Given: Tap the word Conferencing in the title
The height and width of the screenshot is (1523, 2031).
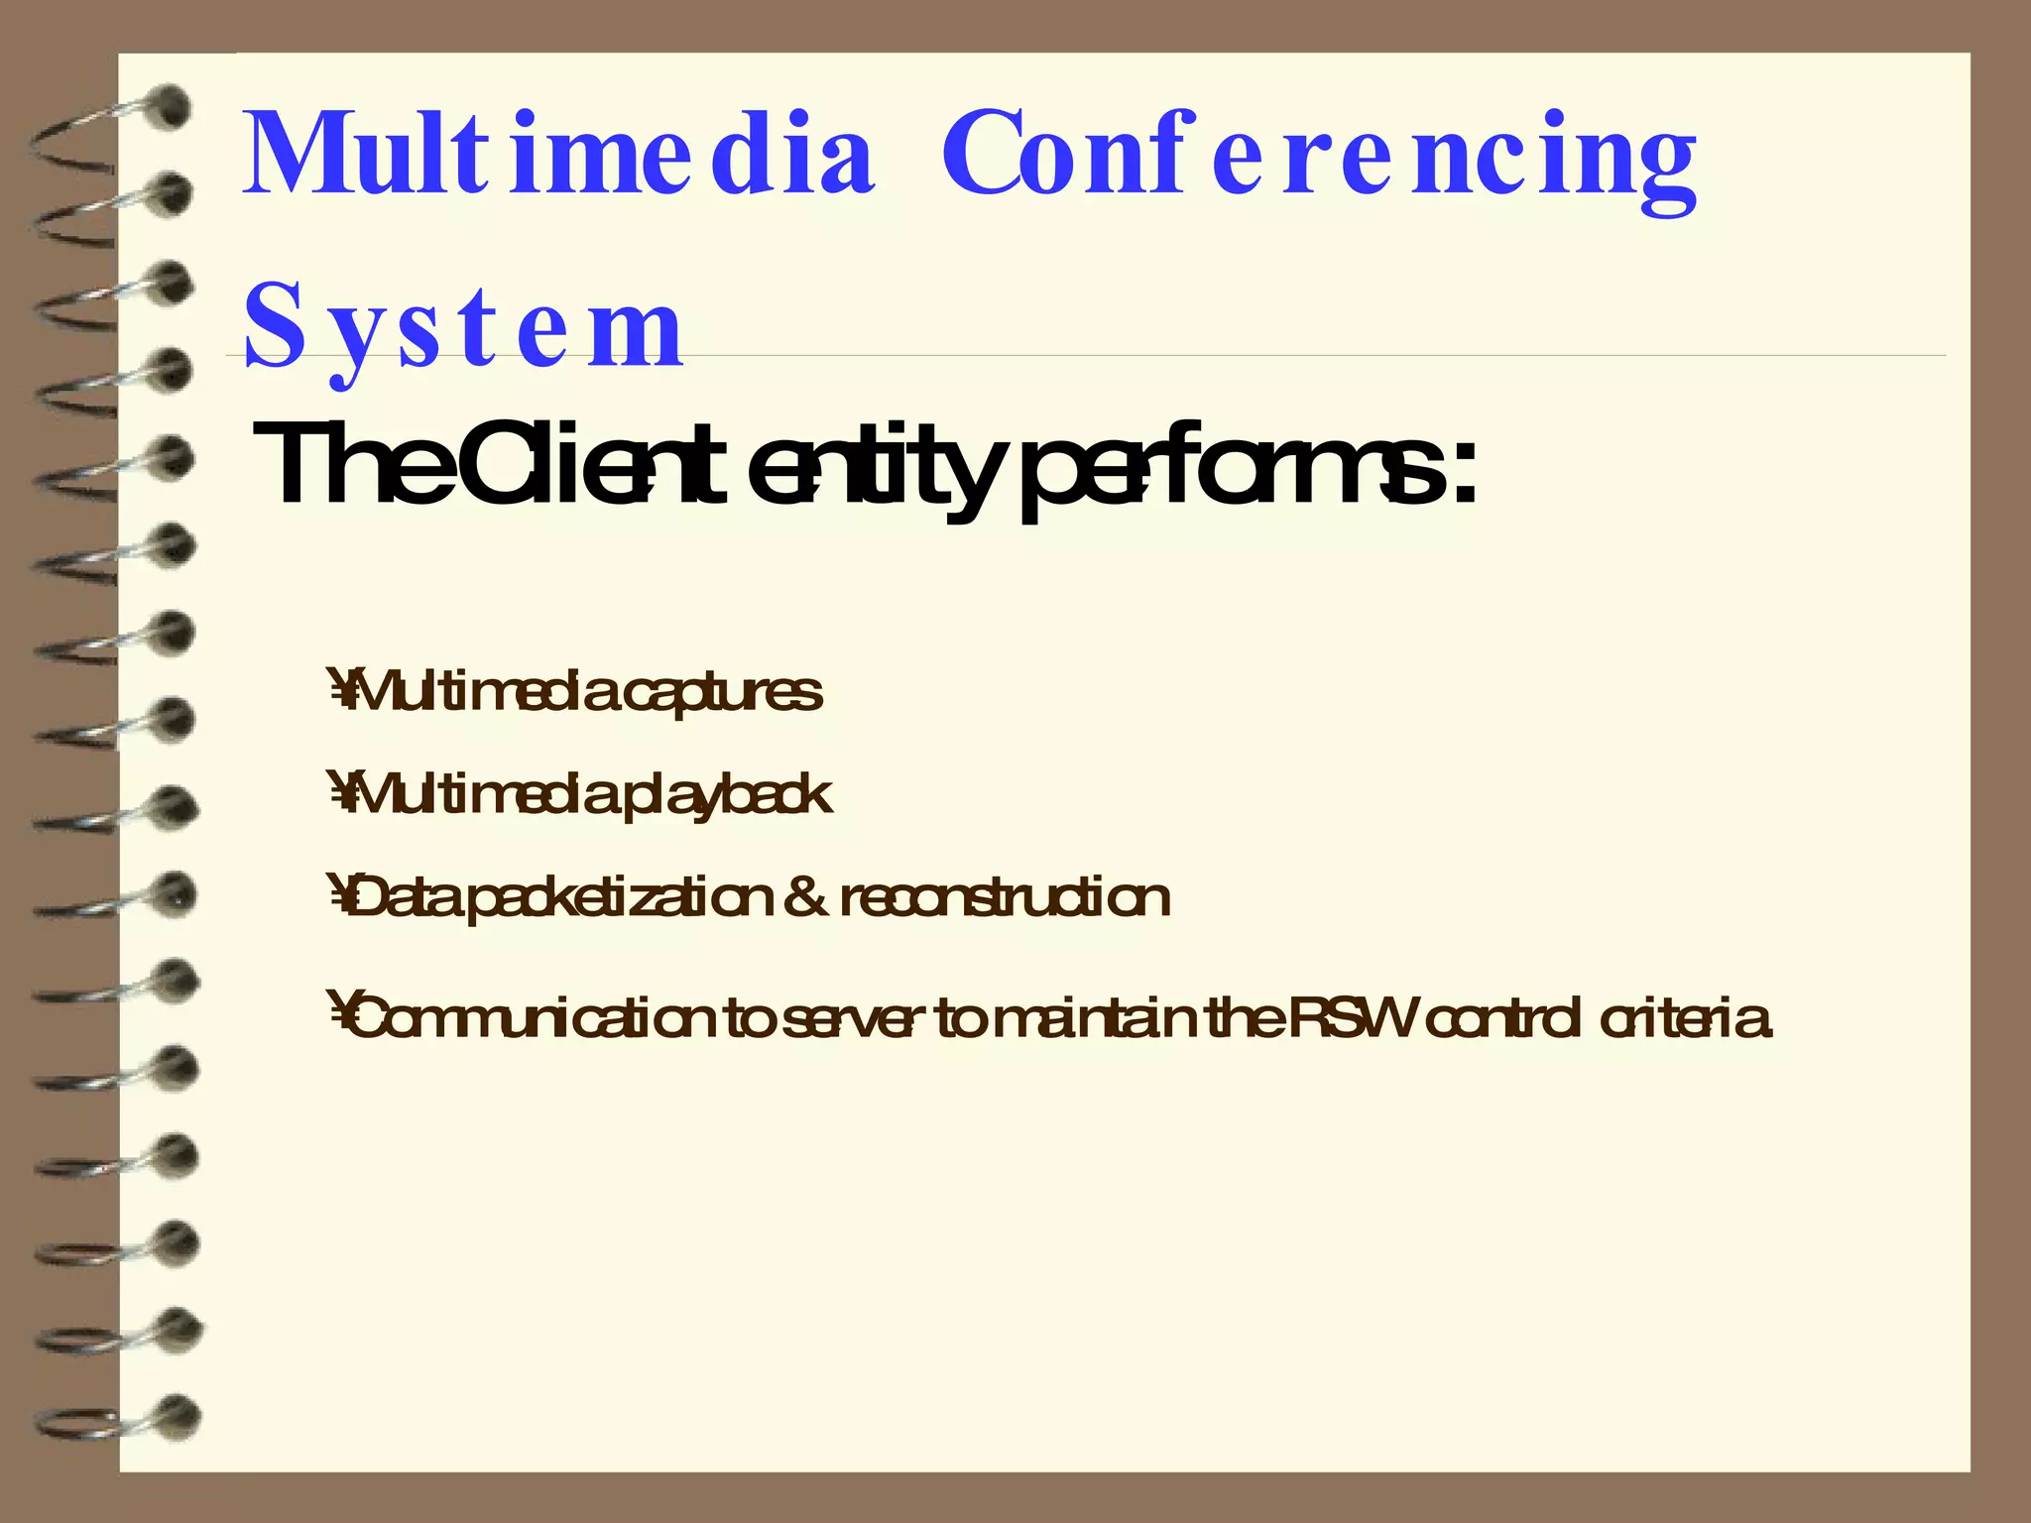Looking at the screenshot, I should tap(1319, 159).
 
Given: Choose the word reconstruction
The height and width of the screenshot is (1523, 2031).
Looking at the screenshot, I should tap(1006, 898).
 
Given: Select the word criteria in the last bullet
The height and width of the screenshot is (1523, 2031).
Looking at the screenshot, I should tap(1685, 1019).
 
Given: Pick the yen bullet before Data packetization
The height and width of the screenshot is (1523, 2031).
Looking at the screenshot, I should tap(339, 897).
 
